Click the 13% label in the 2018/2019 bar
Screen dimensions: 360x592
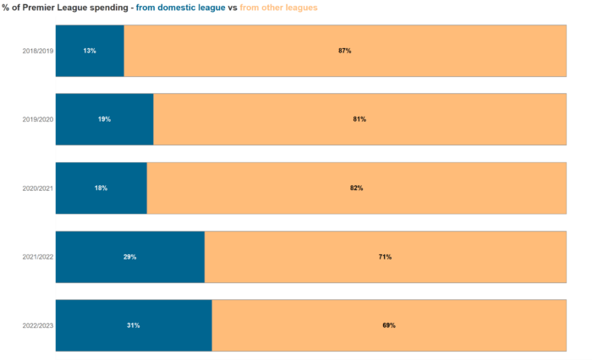pyautogui.click(x=90, y=51)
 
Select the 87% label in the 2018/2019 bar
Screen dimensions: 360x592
pyautogui.click(x=345, y=51)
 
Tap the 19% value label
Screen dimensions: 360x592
pyautogui.click(x=104, y=119)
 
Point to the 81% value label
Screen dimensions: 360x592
pyautogui.click(x=359, y=119)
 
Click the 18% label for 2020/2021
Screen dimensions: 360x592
pyautogui.click(x=101, y=188)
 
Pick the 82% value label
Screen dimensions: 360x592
pyautogui.click(x=356, y=188)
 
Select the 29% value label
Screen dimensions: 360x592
pyautogui.click(x=129, y=256)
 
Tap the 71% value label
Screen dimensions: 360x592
pyautogui.click(x=385, y=256)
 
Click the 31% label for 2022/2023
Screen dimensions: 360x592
pyautogui.click(x=134, y=325)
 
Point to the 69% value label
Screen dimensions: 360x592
pyautogui.click(x=389, y=325)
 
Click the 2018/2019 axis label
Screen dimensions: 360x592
pyautogui.click(x=37, y=51)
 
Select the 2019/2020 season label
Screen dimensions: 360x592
pyautogui.click(x=37, y=119)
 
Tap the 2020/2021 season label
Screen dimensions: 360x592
pyautogui.click(x=37, y=188)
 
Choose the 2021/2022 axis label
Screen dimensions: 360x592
pyautogui.click(x=37, y=256)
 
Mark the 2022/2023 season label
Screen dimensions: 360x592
pyautogui.click(x=37, y=325)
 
